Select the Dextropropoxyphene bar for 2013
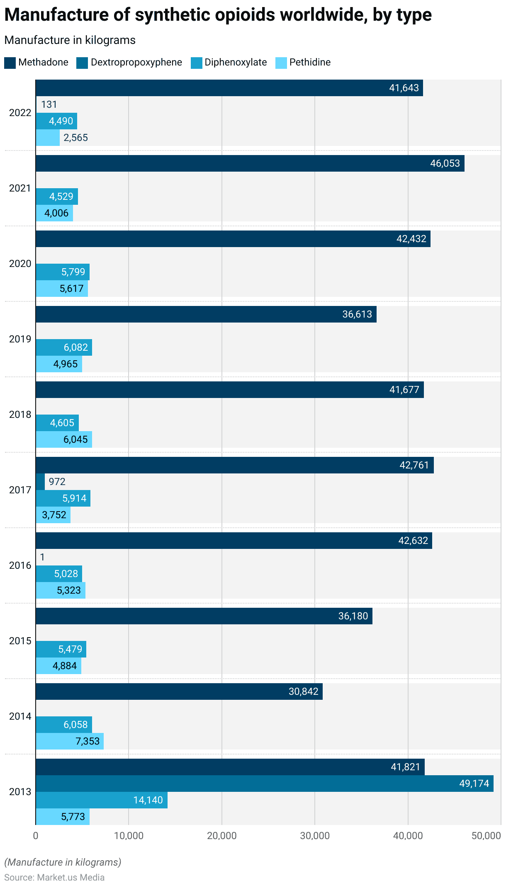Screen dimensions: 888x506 point(264,784)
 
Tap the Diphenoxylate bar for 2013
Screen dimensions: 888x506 point(102,800)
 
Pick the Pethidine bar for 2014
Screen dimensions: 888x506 point(70,741)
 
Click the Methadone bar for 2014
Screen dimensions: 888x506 point(179,691)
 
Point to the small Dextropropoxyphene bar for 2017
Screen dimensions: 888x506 point(40,482)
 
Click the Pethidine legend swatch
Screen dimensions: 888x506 point(281,63)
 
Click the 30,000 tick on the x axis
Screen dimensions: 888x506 point(315,836)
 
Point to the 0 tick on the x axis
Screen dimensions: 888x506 point(36,836)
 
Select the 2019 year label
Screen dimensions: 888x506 point(20,339)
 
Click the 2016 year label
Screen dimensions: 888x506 point(20,565)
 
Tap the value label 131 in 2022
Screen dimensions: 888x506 point(49,104)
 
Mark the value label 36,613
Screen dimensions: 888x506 point(357,314)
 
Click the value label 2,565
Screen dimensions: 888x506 point(75,138)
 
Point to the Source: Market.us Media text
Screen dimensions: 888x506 point(54,877)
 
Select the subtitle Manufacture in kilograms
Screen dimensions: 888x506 point(70,40)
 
